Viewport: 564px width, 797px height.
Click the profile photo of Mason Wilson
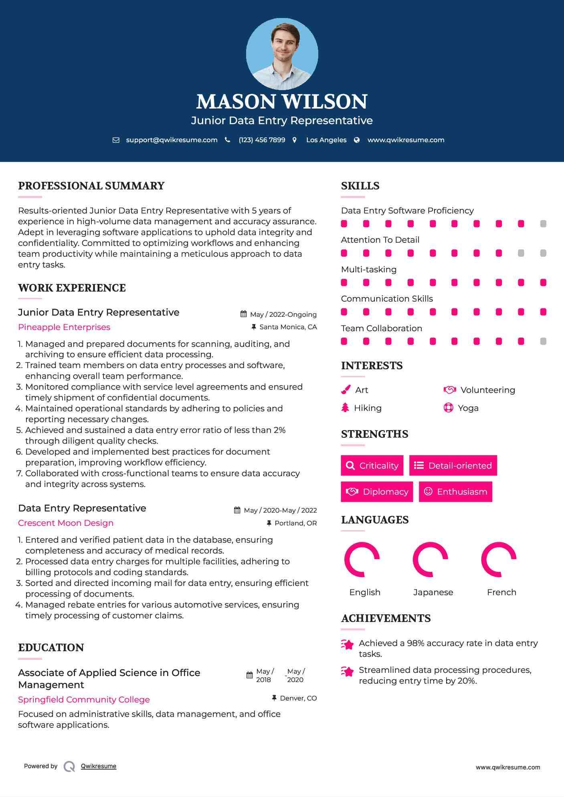pyautogui.click(x=282, y=54)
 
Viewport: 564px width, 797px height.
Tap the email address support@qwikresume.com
pyautogui.click(x=172, y=140)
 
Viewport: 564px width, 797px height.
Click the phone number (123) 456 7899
pyautogui.click(x=262, y=140)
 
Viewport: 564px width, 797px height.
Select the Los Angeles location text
pyautogui.click(x=326, y=140)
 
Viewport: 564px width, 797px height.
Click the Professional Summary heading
pyautogui.click(x=91, y=186)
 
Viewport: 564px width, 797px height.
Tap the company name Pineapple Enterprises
pyautogui.click(x=64, y=327)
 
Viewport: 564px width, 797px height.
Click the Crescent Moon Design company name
pyautogui.click(x=66, y=523)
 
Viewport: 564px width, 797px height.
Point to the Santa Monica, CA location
pyautogui.click(x=288, y=327)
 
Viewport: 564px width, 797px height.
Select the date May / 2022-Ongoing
pyautogui.click(x=283, y=314)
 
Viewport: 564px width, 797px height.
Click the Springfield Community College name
pyautogui.click(x=84, y=700)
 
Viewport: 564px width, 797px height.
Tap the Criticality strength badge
pyautogui.click(x=372, y=465)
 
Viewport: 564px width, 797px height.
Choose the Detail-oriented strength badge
pyautogui.click(x=453, y=465)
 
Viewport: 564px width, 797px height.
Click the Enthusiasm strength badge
pyautogui.click(x=455, y=491)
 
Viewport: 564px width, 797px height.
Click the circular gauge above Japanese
pyautogui.click(x=430, y=560)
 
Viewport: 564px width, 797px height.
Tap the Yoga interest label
pyautogui.click(x=468, y=408)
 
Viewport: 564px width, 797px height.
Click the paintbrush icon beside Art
pyautogui.click(x=346, y=390)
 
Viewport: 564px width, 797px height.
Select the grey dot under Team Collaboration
pyautogui.click(x=543, y=341)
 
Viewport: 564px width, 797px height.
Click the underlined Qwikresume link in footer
pyautogui.click(x=99, y=766)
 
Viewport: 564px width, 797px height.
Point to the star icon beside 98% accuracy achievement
pyautogui.click(x=348, y=644)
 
